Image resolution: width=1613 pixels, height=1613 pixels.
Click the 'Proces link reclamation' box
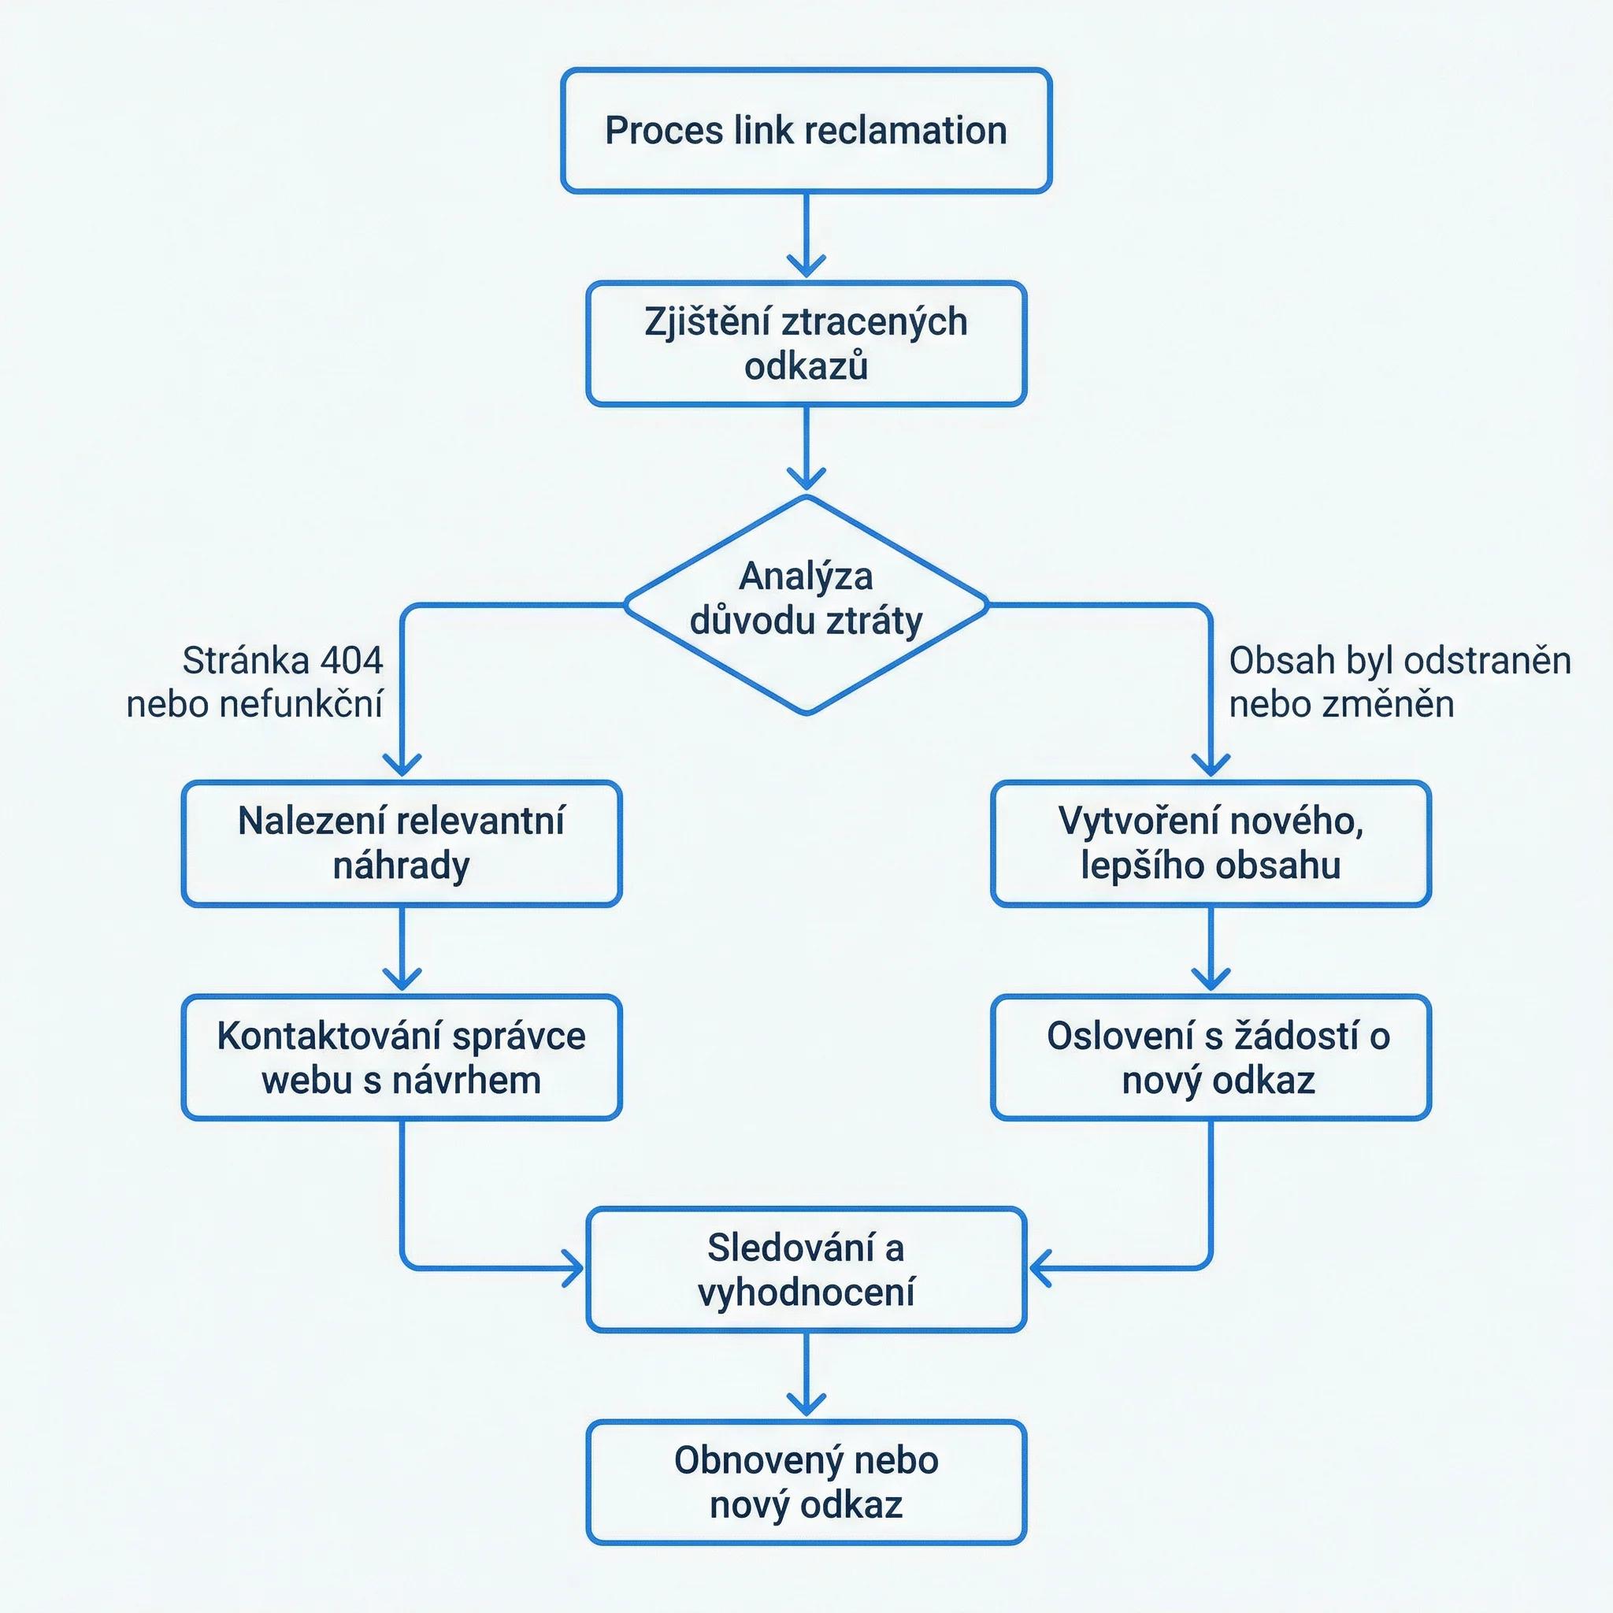pyautogui.click(x=806, y=131)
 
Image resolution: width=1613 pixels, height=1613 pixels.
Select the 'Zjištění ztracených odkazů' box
pyautogui.click(x=806, y=344)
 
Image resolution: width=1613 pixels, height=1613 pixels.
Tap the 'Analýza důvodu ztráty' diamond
pyautogui.click(x=806, y=604)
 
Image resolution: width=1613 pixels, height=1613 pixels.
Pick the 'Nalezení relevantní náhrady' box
pyautogui.click(x=402, y=844)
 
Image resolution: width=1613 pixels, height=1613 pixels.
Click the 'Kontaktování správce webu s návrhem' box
pyautogui.click(x=402, y=1057)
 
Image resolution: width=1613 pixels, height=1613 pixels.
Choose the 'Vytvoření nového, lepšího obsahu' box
pyautogui.click(x=1211, y=844)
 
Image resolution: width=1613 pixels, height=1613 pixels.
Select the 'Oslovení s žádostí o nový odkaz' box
pyautogui.click(x=1211, y=1057)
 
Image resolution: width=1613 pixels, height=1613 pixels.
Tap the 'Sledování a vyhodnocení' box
pyautogui.click(x=806, y=1270)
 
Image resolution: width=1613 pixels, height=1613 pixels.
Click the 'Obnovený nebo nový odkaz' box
pyautogui.click(x=806, y=1483)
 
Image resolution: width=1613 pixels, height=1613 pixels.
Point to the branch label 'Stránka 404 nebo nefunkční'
pyautogui.click(x=254, y=682)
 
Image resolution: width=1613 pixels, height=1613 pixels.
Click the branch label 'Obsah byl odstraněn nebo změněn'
pyautogui.click(x=1400, y=682)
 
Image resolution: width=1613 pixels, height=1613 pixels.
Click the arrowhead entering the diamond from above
pyautogui.click(x=806, y=478)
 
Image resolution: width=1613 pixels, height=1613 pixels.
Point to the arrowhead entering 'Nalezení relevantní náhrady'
pyautogui.click(x=402, y=765)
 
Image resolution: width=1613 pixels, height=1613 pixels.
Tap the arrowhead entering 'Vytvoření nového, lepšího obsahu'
pyautogui.click(x=1211, y=765)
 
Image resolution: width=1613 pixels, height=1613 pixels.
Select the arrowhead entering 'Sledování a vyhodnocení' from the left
pyautogui.click(x=572, y=1270)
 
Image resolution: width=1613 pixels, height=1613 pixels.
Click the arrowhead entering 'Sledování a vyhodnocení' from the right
pyautogui.click(x=1041, y=1270)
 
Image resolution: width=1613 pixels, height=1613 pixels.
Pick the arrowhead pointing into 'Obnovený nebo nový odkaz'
pyautogui.click(x=806, y=1405)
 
